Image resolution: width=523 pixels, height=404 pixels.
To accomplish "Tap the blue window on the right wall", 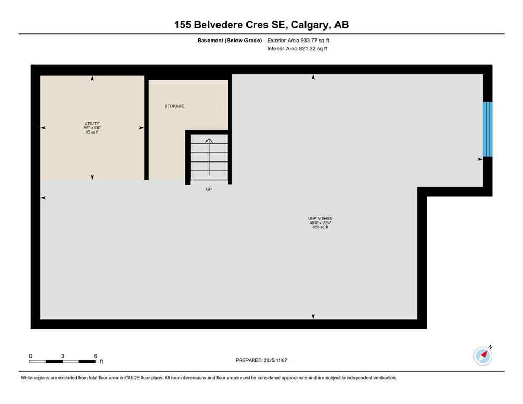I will (488, 129).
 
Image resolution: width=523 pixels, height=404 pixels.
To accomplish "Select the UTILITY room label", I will (92, 123).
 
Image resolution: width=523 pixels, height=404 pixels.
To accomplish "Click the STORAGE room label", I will (174, 106).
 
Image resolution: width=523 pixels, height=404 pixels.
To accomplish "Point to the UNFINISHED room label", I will (320, 218).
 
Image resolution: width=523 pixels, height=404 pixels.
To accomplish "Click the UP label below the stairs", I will (209, 189).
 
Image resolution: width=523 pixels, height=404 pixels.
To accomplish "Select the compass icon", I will (482, 356).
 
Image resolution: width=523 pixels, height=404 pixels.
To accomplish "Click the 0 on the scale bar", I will (31, 356).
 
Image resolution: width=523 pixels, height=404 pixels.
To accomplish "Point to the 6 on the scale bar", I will (95, 356).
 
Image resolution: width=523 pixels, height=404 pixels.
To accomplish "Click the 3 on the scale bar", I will (63, 356).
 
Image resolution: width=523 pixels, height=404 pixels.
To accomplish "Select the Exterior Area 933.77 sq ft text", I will (299, 40).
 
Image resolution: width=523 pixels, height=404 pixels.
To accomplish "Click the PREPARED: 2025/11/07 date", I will (262, 360).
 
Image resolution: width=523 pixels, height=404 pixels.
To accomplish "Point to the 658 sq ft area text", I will (320, 227).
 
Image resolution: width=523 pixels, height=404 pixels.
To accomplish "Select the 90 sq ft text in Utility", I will (92, 132).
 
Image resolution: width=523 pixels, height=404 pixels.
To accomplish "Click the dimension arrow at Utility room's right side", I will (141, 128).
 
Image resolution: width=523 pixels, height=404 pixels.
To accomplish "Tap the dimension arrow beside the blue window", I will (479, 159).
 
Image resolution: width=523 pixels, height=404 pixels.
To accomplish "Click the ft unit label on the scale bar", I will (101, 362).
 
